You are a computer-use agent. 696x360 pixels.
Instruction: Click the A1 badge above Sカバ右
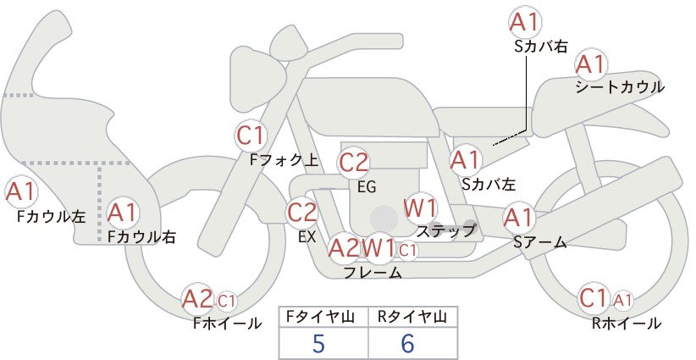coord(525,22)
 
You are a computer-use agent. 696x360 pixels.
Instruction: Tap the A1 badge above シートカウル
coord(591,65)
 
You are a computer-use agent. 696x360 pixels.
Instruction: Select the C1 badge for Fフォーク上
coord(251,136)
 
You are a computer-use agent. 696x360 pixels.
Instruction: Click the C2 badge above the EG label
coord(353,163)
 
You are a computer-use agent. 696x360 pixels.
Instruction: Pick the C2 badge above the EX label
coord(302,212)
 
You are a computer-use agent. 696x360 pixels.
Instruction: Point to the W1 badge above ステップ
coord(420,208)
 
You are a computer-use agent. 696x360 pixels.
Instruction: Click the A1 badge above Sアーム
coord(518,218)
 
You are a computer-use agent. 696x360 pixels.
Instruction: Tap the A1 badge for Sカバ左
coord(465,160)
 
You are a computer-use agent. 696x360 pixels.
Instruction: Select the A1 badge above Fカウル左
coord(21,192)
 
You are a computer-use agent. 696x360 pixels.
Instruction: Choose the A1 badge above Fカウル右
coord(123,213)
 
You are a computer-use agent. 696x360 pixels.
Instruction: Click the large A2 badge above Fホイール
coord(198,299)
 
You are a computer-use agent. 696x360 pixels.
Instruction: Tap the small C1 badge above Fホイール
coord(226,301)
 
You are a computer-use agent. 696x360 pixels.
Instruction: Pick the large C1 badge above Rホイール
coord(594,298)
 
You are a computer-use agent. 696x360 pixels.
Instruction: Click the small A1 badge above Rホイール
coord(623,301)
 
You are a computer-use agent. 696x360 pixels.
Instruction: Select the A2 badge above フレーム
coord(344,248)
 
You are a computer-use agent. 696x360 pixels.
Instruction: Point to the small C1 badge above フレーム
coord(408,251)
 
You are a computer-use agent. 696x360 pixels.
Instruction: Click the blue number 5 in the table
coord(318,343)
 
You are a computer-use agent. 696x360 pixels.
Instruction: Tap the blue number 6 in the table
coord(407,343)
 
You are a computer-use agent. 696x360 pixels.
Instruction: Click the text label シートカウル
coord(620,87)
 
